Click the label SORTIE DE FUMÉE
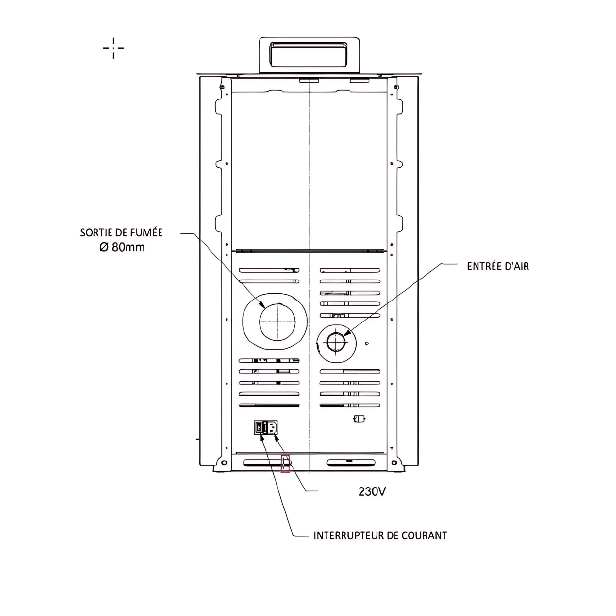coord(121,233)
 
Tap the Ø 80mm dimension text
coord(122,247)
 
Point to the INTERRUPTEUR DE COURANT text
coord(380,535)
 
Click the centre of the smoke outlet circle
coord(277,322)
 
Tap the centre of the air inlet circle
coord(336,343)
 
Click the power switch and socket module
coord(266,428)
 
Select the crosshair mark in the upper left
coord(113,48)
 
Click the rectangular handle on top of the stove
coord(309,55)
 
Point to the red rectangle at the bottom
coord(285,463)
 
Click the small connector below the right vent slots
coord(359,419)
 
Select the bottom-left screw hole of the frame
coord(224,462)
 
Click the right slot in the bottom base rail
coord(351,463)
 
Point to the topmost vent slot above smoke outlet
coord(269,270)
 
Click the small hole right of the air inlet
coord(367,344)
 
